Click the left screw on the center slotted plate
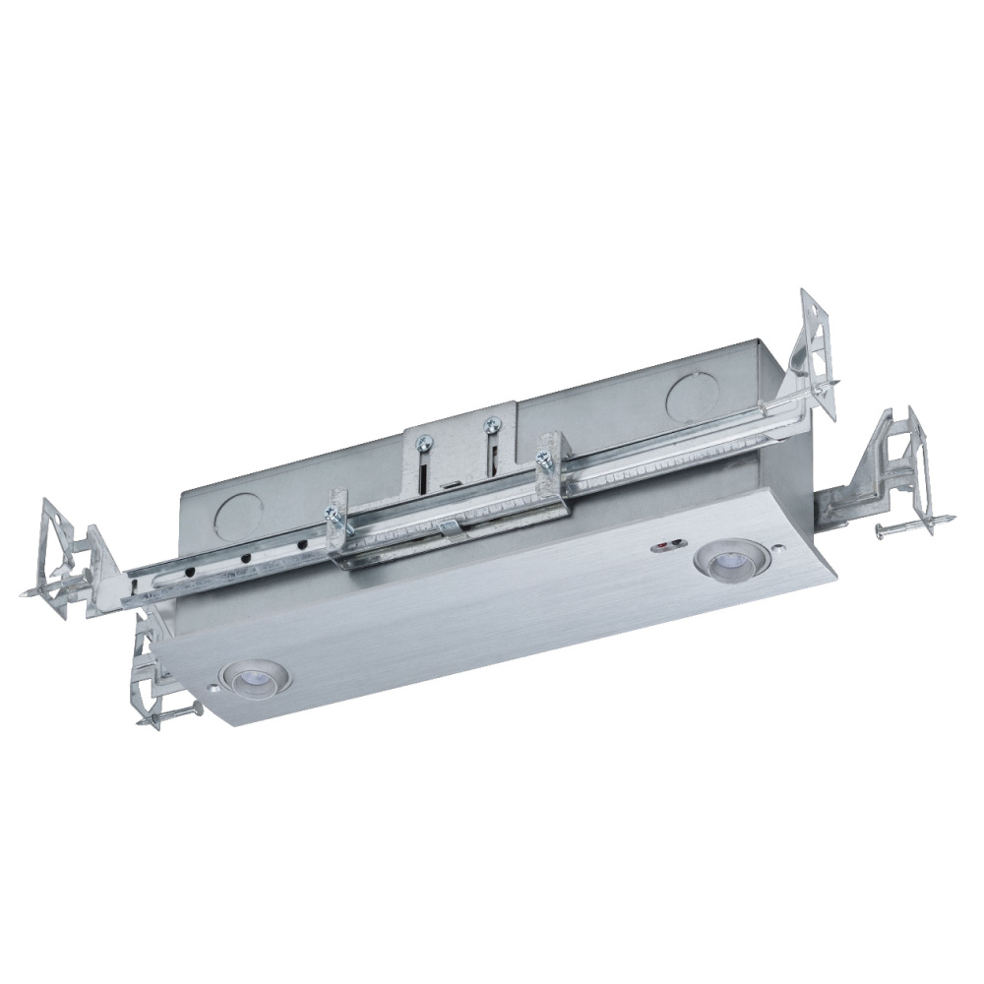pos(422,447)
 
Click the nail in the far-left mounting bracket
pos(44,591)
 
